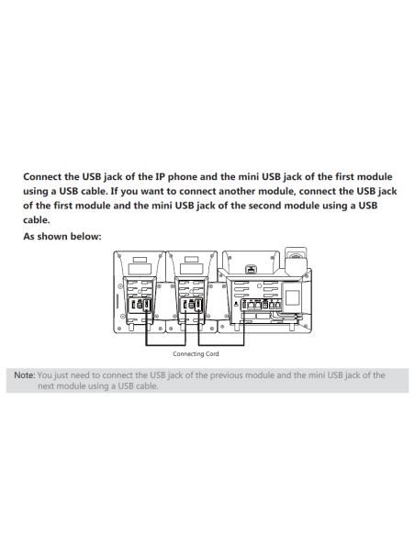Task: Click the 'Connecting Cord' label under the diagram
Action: tap(195, 353)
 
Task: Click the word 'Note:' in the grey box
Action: tap(23, 375)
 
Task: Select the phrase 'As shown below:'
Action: tap(62, 236)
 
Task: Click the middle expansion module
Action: tap(193, 294)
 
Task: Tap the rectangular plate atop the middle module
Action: tap(194, 267)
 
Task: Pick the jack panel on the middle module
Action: tap(193, 306)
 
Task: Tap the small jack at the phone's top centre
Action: tap(248, 271)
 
